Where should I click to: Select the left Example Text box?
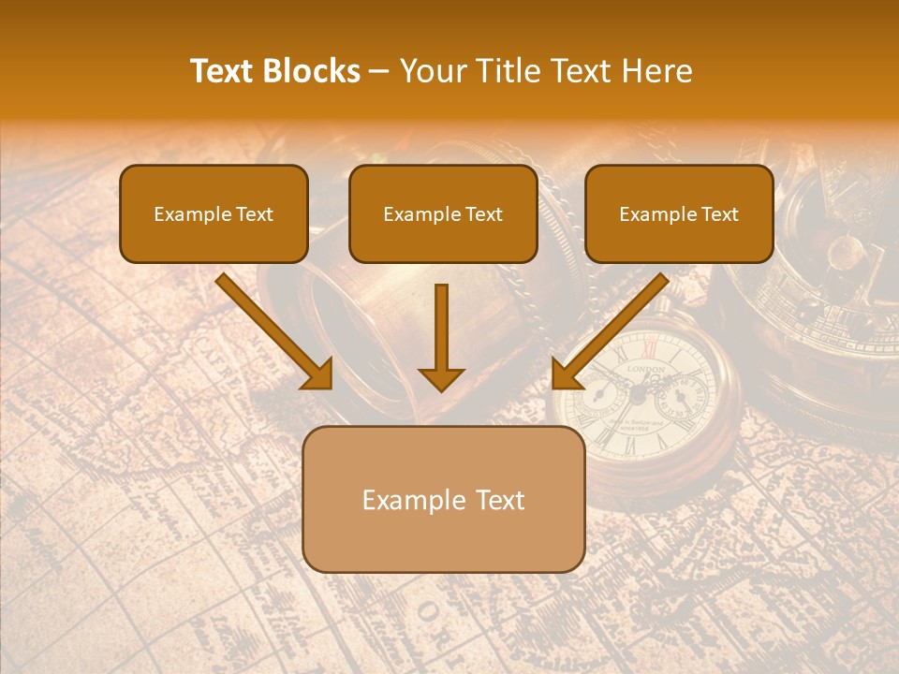click(214, 213)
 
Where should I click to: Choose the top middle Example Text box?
click(443, 213)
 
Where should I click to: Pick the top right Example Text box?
click(679, 213)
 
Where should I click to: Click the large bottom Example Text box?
click(444, 499)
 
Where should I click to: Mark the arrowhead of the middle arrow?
click(441, 377)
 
